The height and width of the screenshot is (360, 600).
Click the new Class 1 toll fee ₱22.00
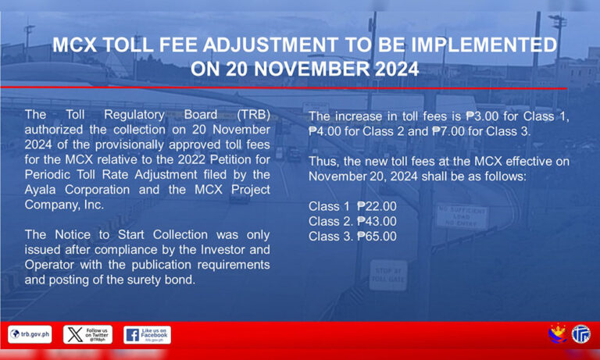377,207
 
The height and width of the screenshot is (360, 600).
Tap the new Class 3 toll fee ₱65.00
377,237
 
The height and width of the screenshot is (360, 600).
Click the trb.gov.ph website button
30,335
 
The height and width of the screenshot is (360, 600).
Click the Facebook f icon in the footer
132,335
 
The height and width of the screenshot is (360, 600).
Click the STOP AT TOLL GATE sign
388,276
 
